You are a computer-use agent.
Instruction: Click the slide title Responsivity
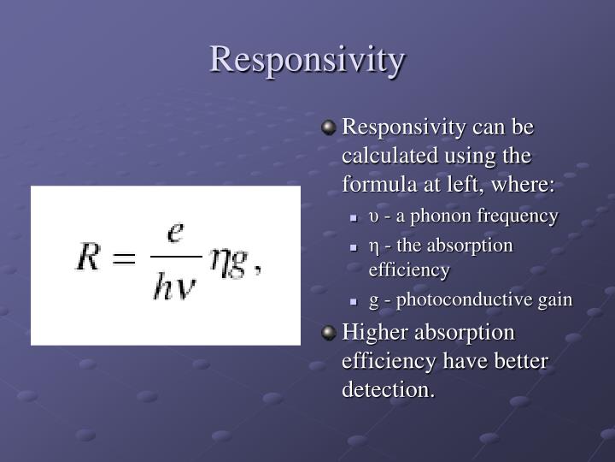click(x=307, y=60)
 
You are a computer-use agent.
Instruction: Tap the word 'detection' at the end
click(x=387, y=390)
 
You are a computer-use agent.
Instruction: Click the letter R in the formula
click(x=90, y=257)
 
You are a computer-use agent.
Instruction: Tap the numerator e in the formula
click(x=176, y=232)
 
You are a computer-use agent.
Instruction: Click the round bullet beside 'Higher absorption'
click(x=329, y=332)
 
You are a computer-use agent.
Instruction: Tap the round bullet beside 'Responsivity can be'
click(x=329, y=128)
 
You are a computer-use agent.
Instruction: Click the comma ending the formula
click(x=258, y=269)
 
